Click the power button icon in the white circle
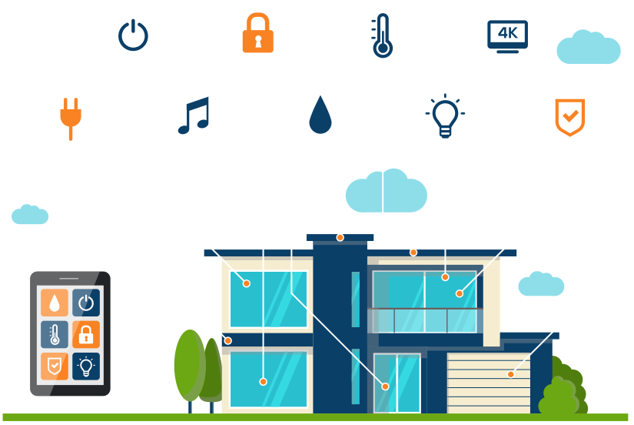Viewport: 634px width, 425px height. pyautogui.click(x=133, y=35)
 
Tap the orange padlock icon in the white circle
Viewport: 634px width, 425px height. pyautogui.click(x=257, y=35)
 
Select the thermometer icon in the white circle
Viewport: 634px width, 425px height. pyautogui.click(x=382, y=35)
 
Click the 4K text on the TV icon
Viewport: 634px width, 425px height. pyautogui.click(x=507, y=32)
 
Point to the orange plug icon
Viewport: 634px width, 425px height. pyautogui.click(x=71, y=117)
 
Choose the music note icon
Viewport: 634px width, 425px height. pyautogui.click(x=194, y=117)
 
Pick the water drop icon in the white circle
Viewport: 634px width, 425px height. pyautogui.click(x=320, y=117)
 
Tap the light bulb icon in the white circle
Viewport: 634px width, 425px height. pyautogui.click(x=445, y=117)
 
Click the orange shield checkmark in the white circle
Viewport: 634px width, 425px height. pyautogui.click(x=569, y=117)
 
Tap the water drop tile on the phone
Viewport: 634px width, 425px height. pyautogui.click(x=55, y=303)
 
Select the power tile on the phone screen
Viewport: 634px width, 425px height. pyautogui.click(x=86, y=303)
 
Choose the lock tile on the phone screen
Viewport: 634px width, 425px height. pyautogui.click(x=86, y=334)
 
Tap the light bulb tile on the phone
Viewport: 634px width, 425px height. pyautogui.click(x=86, y=366)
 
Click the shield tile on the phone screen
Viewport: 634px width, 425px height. pyautogui.click(x=55, y=366)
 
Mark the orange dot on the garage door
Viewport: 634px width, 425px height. pyautogui.click(x=510, y=375)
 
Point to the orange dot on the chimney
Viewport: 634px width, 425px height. pyautogui.click(x=340, y=237)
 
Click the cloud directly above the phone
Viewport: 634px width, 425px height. pyautogui.click(x=30, y=214)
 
